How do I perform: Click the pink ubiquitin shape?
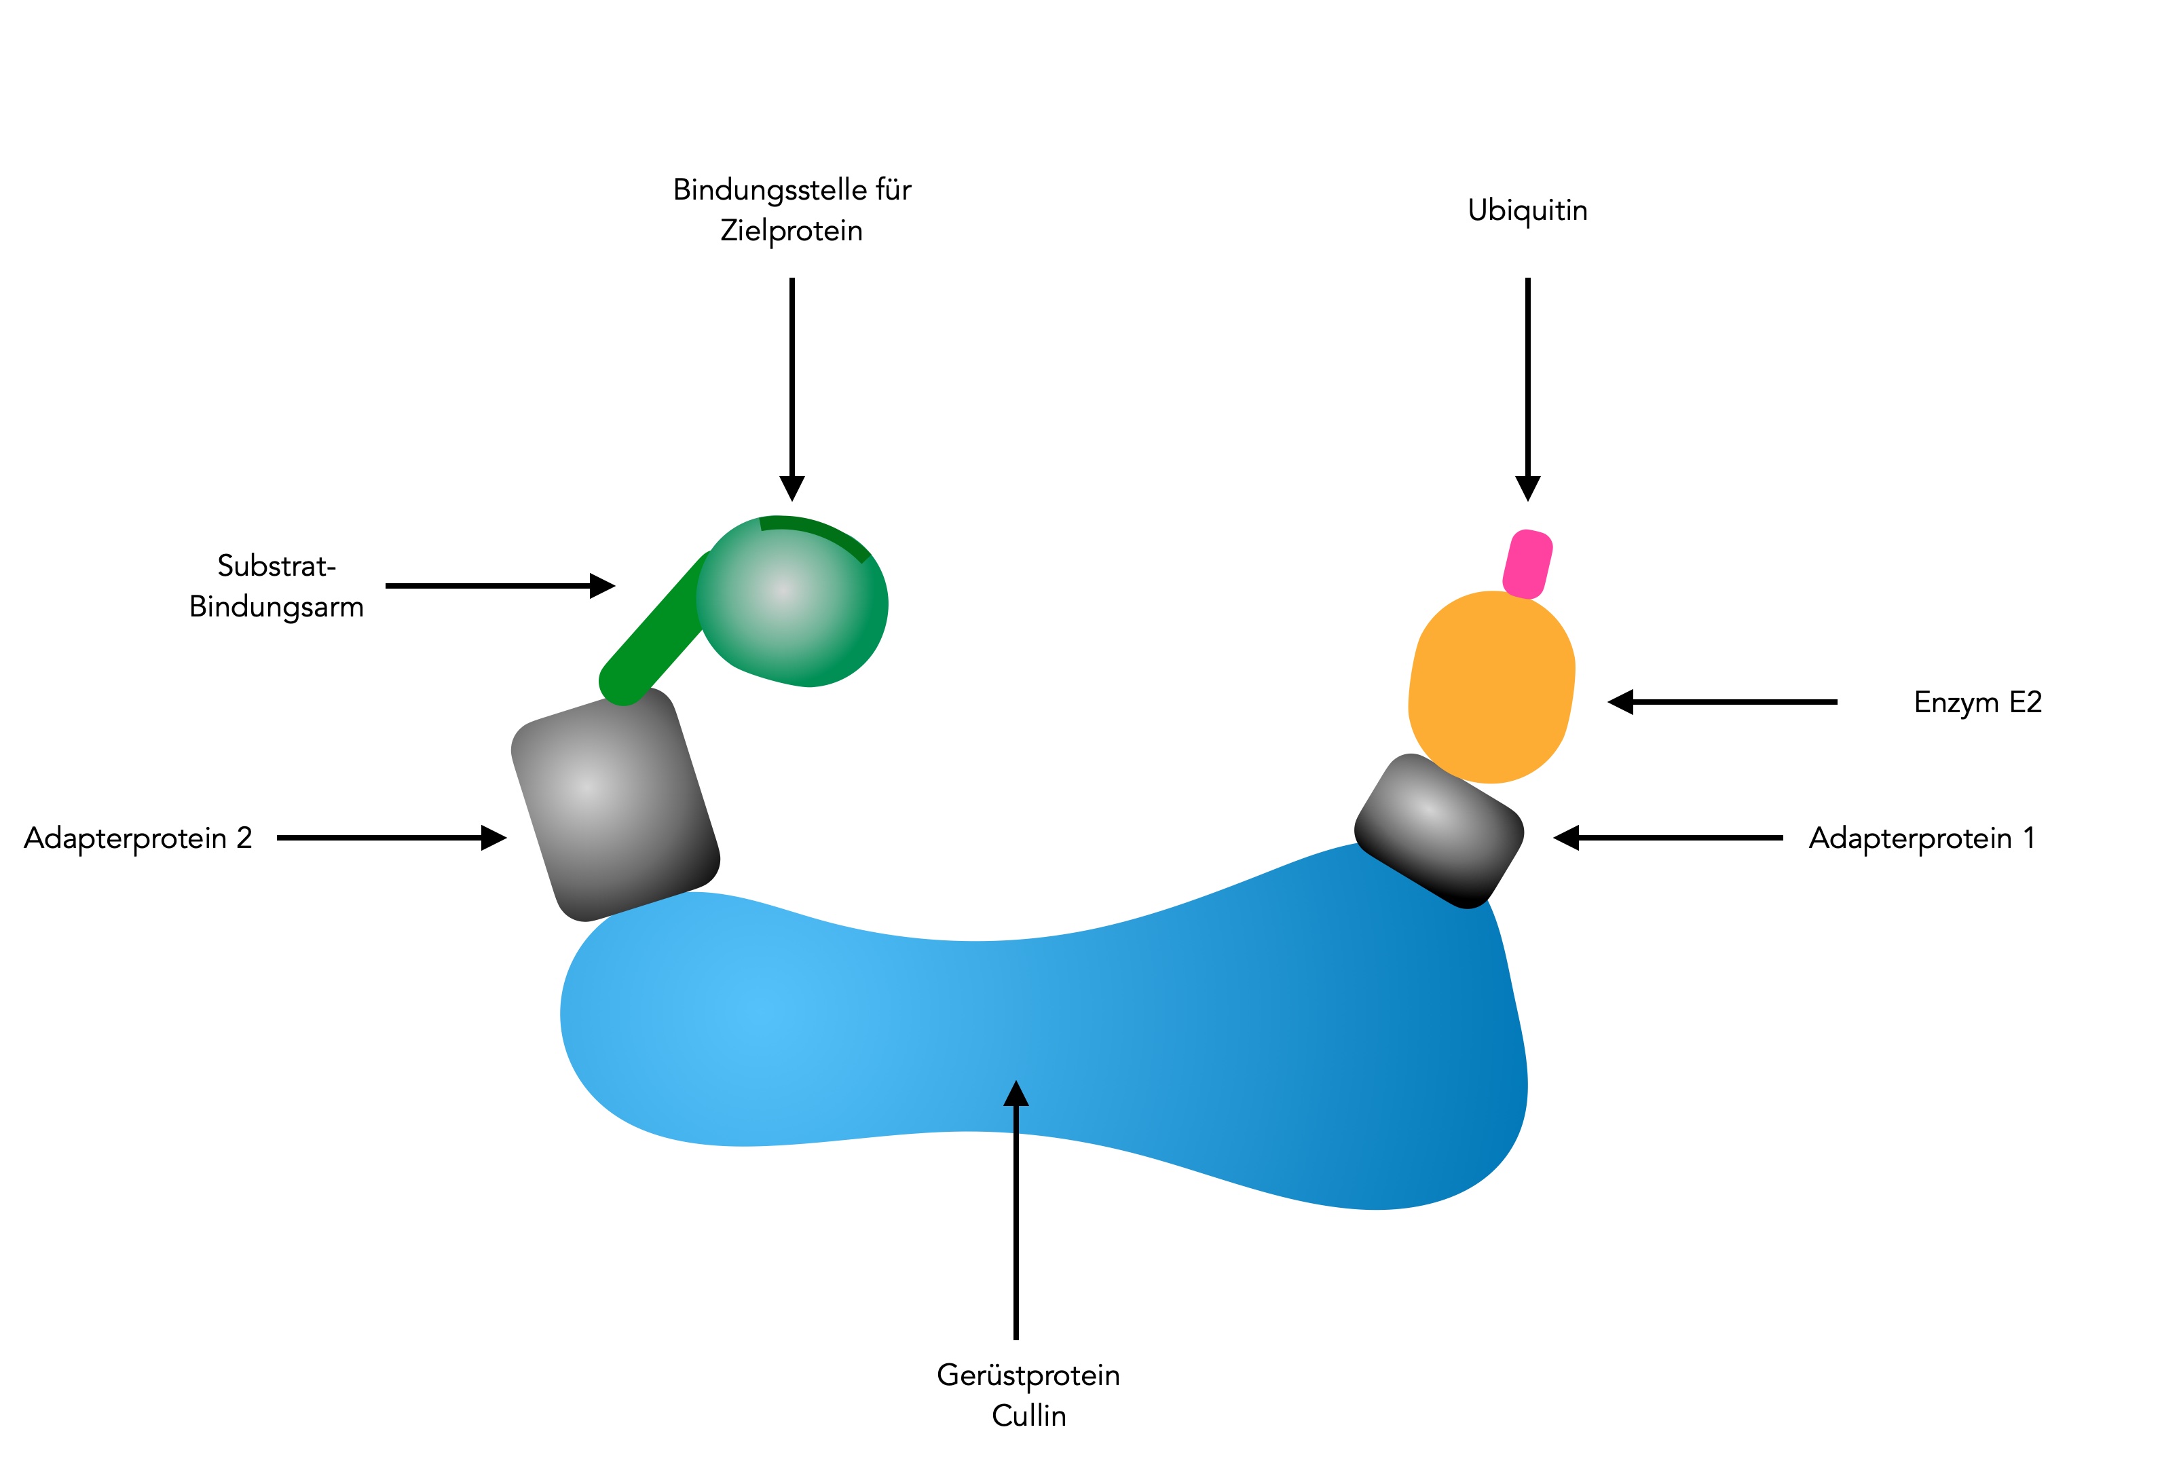1527,564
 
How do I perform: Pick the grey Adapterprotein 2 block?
614,803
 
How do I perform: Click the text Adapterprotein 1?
1921,838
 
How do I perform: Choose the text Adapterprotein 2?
138,838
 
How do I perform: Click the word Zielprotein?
791,231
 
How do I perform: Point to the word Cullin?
1028,1416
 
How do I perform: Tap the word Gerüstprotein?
1028,1375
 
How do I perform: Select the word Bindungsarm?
276,607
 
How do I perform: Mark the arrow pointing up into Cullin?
1016,1209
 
